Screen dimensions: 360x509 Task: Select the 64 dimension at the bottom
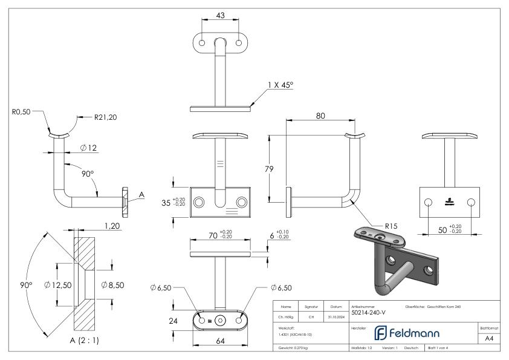tap(221, 341)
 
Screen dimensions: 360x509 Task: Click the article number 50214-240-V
tap(368, 312)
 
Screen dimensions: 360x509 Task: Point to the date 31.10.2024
tap(336, 315)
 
